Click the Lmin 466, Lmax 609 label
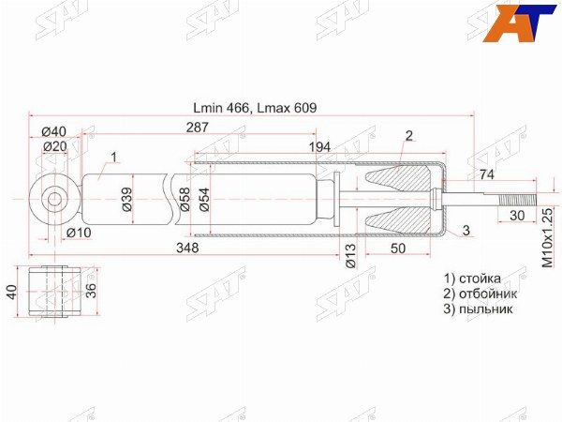pyautogui.click(x=255, y=108)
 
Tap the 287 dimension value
pyautogui.click(x=197, y=127)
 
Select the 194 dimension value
pyautogui.click(x=319, y=147)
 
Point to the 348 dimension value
pyautogui.click(x=187, y=248)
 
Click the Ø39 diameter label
pyautogui.click(x=126, y=199)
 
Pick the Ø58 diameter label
pyautogui.click(x=185, y=199)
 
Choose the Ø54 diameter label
pyautogui.click(x=204, y=199)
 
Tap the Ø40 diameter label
pyautogui.click(x=54, y=131)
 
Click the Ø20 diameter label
pyautogui.click(x=55, y=146)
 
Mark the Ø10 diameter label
pyautogui.click(x=79, y=233)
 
